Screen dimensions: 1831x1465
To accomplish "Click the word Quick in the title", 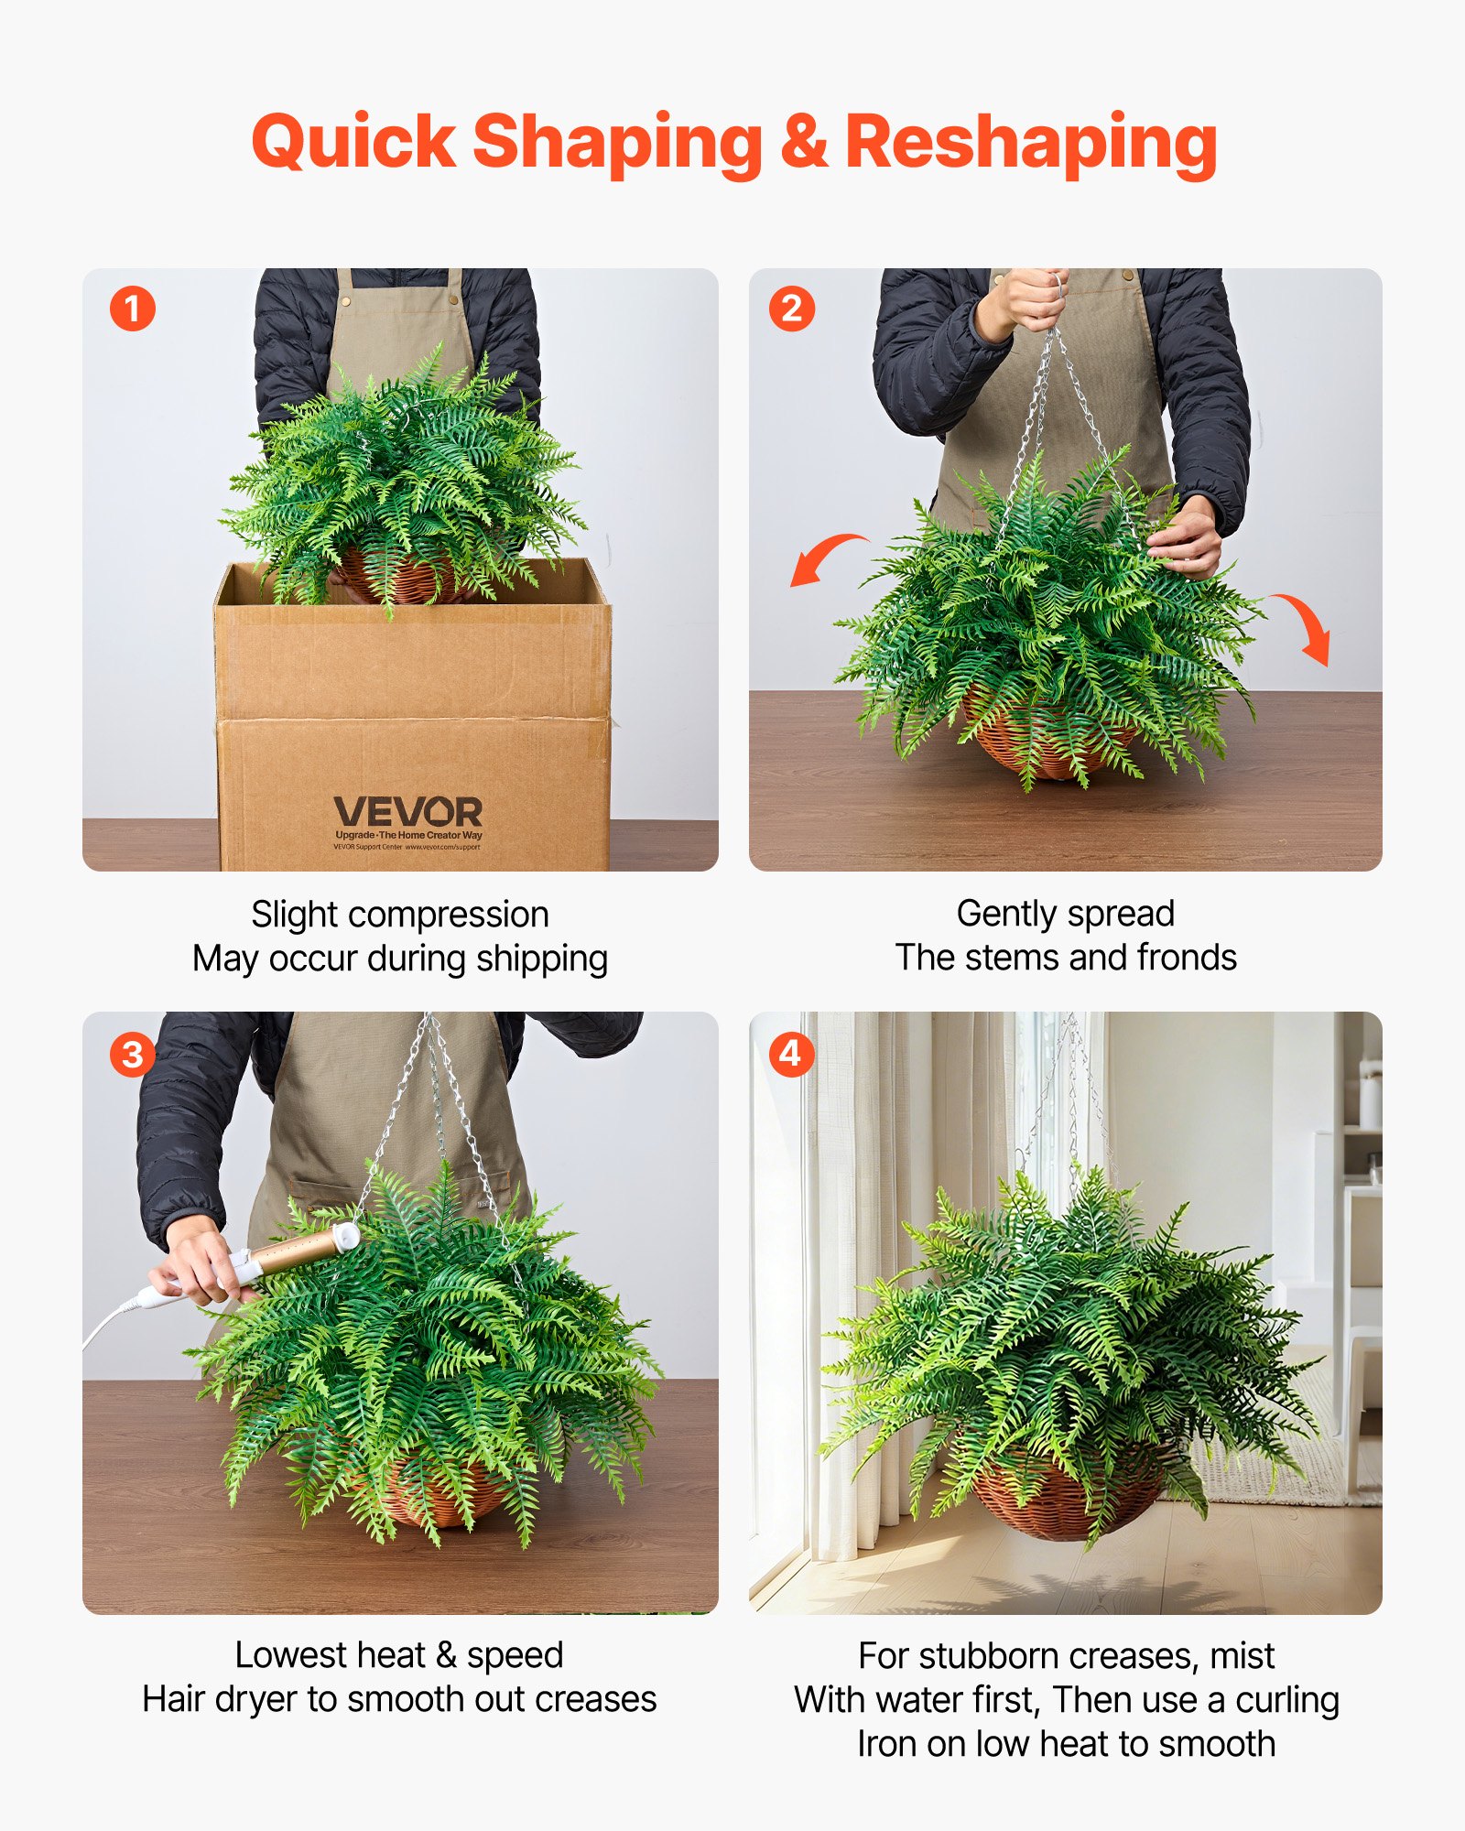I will (353, 144).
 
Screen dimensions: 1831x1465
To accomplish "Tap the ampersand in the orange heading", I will (804, 142).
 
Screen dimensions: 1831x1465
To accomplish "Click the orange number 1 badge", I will (133, 309).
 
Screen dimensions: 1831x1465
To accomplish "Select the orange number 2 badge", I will (791, 309).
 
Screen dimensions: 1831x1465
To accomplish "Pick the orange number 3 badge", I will (133, 1055).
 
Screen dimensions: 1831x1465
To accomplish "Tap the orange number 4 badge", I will (790, 1054).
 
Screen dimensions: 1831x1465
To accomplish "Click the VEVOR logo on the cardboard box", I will (407, 813).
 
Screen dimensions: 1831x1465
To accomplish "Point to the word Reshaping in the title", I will (1030, 144).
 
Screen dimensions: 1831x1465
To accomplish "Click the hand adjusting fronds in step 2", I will (1187, 540).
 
